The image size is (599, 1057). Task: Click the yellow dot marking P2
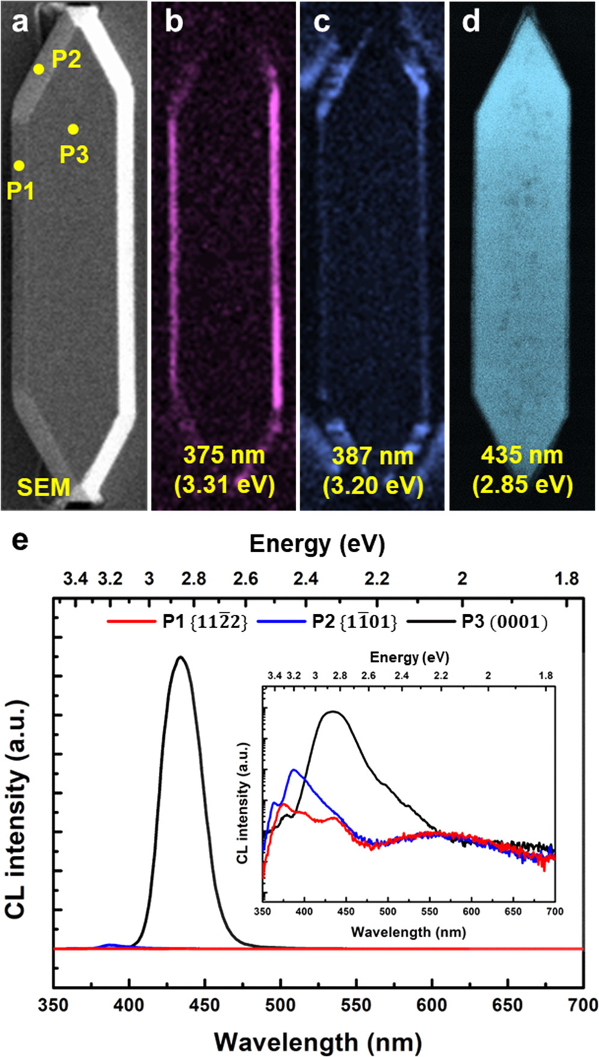click(x=39, y=69)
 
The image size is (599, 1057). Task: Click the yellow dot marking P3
click(x=73, y=129)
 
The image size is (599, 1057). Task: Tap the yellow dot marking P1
click(x=19, y=166)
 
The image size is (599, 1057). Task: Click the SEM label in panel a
click(x=43, y=487)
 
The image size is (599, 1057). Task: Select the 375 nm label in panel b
click(x=224, y=455)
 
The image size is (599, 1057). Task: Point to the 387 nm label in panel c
click(x=372, y=456)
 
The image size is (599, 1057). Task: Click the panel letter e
click(x=20, y=540)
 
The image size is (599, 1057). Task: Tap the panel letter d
click(x=470, y=22)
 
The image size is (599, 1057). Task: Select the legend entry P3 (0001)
click(x=504, y=622)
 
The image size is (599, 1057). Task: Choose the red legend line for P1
click(x=131, y=622)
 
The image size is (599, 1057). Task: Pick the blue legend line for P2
click(x=281, y=622)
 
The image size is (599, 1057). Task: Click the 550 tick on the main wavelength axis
click(x=356, y=1005)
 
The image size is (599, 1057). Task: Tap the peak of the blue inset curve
click(x=294, y=770)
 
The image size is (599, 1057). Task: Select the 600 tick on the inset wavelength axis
click(x=471, y=911)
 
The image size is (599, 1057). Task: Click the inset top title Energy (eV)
click(x=409, y=656)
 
